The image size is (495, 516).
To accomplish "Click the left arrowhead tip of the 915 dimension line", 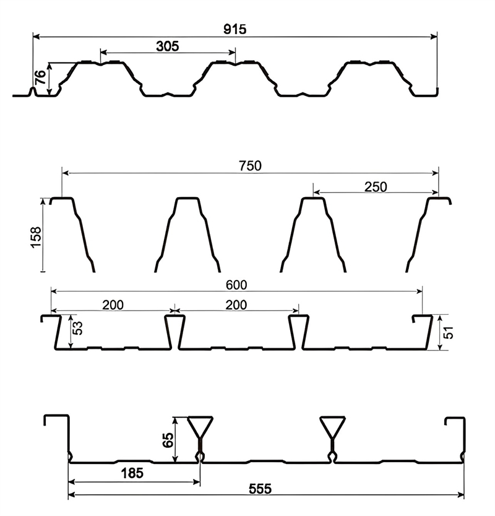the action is click(x=33, y=37).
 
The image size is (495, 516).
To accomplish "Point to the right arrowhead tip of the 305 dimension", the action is click(x=235, y=52).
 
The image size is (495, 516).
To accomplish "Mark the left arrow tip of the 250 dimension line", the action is click(x=314, y=192).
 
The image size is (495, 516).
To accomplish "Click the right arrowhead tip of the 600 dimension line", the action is click(x=422, y=291).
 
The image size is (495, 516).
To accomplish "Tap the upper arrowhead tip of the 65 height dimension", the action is click(x=176, y=418).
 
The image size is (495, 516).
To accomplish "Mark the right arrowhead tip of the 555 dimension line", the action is click(x=464, y=494).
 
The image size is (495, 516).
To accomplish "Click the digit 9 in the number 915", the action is click(x=228, y=29).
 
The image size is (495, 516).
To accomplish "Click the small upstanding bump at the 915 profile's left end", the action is click(x=33, y=92).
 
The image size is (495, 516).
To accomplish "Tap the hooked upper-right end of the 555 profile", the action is click(x=455, y=421).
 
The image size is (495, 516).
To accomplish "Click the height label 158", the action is click(x=35, y=237).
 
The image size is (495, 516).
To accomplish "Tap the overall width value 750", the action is click(x=250, y=166).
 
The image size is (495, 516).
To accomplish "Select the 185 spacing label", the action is click(x=132, y=473).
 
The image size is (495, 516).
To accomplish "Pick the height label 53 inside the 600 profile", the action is click(x=78, y=328).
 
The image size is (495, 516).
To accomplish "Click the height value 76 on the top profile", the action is click(x=41, y=78).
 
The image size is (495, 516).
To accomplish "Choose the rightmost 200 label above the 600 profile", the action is click(x=236, y=305).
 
